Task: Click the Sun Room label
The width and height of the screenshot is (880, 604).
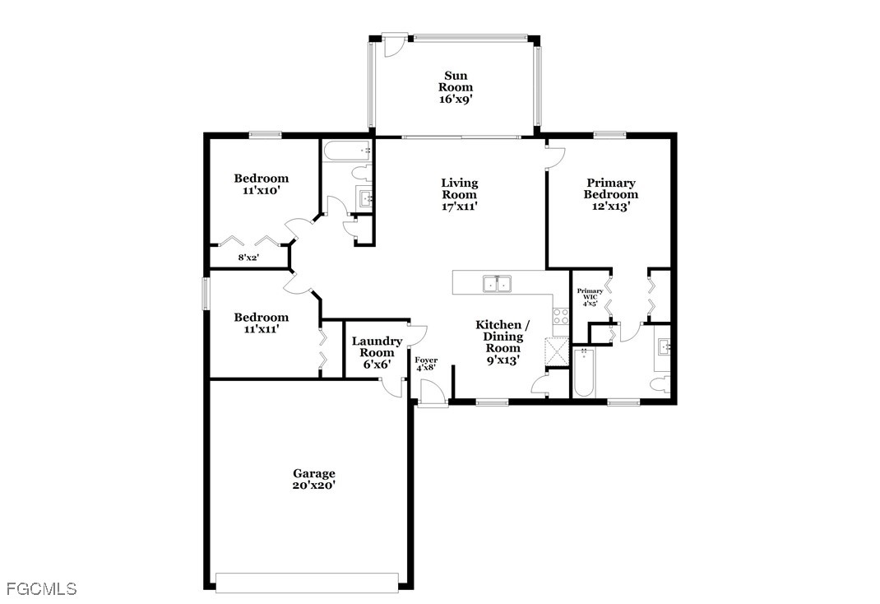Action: (x=455, y=81)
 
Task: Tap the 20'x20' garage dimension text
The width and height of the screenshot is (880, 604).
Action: (x=313, y=486)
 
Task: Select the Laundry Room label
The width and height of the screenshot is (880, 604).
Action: (x=377, y=347)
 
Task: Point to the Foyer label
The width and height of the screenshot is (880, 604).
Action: (x=426, y=360)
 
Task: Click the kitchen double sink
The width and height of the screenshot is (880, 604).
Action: (x=498, y=284)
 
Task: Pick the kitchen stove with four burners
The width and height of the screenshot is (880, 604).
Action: (x=561, y=317)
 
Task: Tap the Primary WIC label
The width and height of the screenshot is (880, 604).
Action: (x=590, y=294)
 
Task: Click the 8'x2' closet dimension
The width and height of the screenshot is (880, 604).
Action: (x=248, y=258)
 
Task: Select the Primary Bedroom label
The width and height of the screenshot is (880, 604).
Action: (x=610, y=188)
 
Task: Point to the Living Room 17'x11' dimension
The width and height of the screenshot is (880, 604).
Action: (x=459, y=206)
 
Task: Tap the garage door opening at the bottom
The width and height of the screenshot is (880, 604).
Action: (x=307, y=583)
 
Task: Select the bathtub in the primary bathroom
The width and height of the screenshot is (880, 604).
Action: (x=584, y=373)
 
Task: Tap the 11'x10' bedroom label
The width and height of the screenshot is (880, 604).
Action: (x=261, y=184)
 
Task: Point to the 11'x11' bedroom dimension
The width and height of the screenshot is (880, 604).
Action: (x=262, y=329)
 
